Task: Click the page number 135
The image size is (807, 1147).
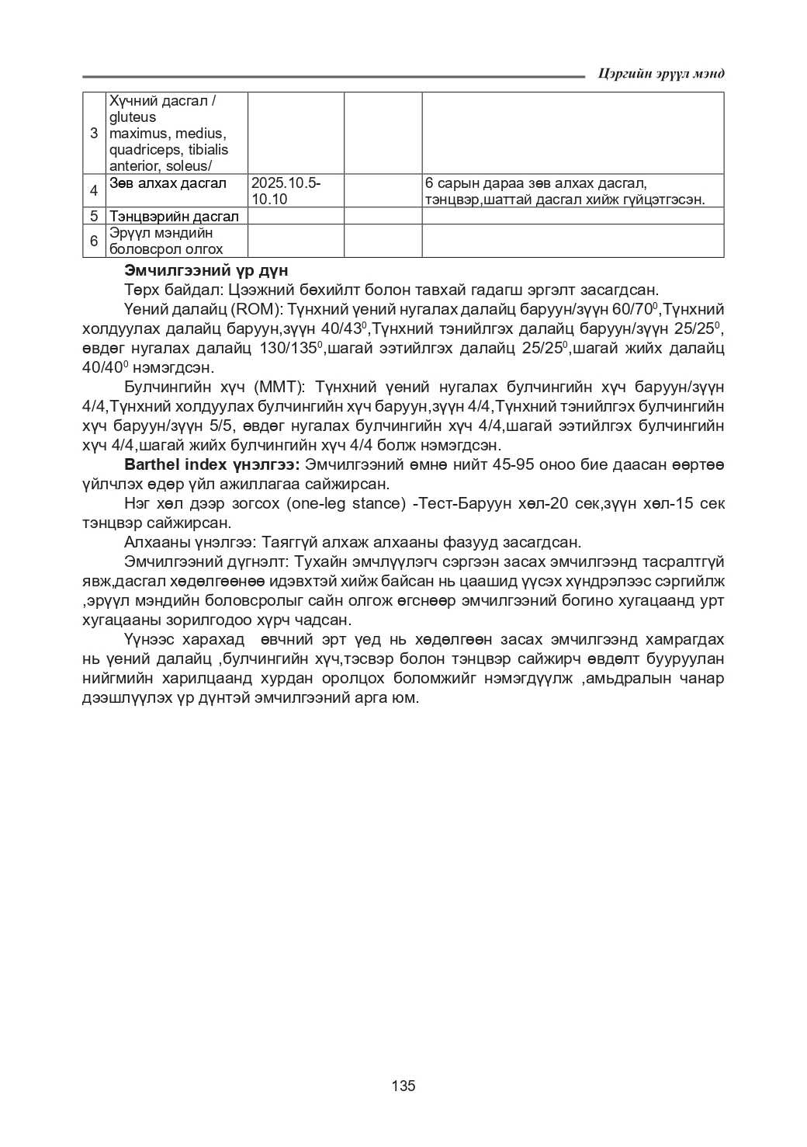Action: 403,1085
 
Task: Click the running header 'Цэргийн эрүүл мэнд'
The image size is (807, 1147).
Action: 661,73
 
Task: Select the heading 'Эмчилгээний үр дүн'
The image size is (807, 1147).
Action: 206,271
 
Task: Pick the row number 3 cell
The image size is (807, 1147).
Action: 94,133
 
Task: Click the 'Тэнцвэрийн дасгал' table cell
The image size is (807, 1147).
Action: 174,216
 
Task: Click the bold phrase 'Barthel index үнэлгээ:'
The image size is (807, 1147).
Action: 212,465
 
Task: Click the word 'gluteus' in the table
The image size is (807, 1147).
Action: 133,117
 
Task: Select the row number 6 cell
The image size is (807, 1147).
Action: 94,241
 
